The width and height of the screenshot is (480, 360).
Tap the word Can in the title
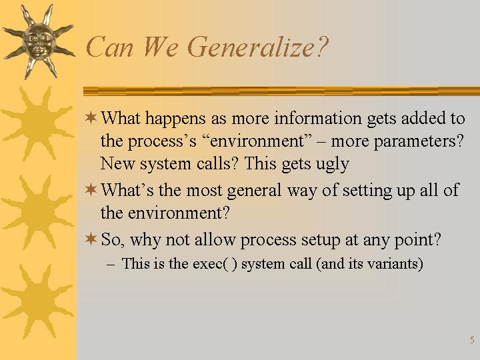(109, 47)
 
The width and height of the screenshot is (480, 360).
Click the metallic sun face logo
(39, 41)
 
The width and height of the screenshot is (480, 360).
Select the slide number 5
(472, 340)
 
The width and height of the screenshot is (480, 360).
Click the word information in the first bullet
(317, 118)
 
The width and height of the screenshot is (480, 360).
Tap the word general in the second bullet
(254, 191)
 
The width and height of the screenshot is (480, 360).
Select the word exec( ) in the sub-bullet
(215, 264)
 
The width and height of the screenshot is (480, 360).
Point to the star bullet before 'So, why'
(91, 239)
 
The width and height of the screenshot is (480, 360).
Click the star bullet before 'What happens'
(91, 117)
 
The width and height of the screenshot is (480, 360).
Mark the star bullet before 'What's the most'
(91, 189)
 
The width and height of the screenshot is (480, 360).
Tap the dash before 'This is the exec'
(111, 265)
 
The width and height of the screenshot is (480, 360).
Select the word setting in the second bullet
(367, 191)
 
